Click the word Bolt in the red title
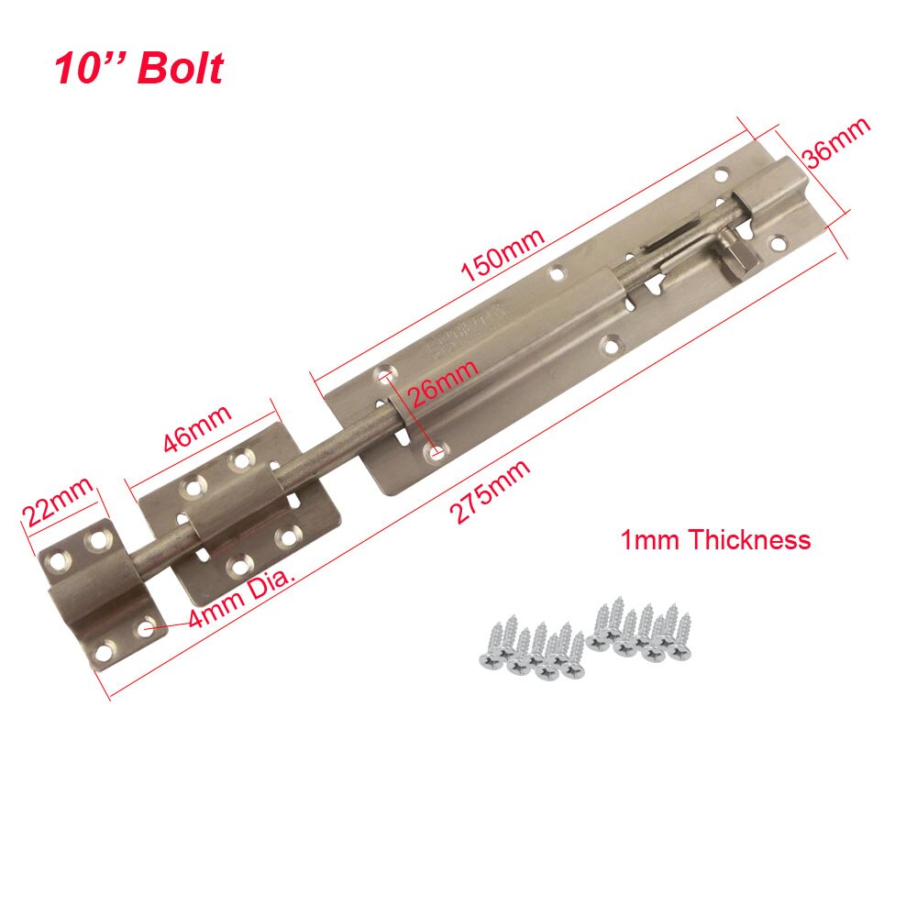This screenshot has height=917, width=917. (180, 70)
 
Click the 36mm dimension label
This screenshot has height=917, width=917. (834, 142)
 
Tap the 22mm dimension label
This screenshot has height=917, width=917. (58, 501)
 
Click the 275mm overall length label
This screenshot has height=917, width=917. (492, 492)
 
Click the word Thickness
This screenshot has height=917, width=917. (749, 539)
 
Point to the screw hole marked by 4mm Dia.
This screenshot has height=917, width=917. (145, 628)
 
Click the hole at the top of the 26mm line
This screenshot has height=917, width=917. (385, 375)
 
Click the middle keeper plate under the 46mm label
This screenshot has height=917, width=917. (237, 523)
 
